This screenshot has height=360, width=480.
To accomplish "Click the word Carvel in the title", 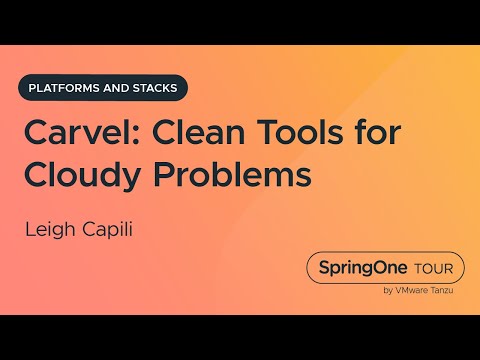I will point(65,135).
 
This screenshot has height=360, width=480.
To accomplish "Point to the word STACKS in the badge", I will point(155,87).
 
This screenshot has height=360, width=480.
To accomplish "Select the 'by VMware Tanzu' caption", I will point(417,291).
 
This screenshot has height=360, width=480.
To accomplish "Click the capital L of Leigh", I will point(30,230).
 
